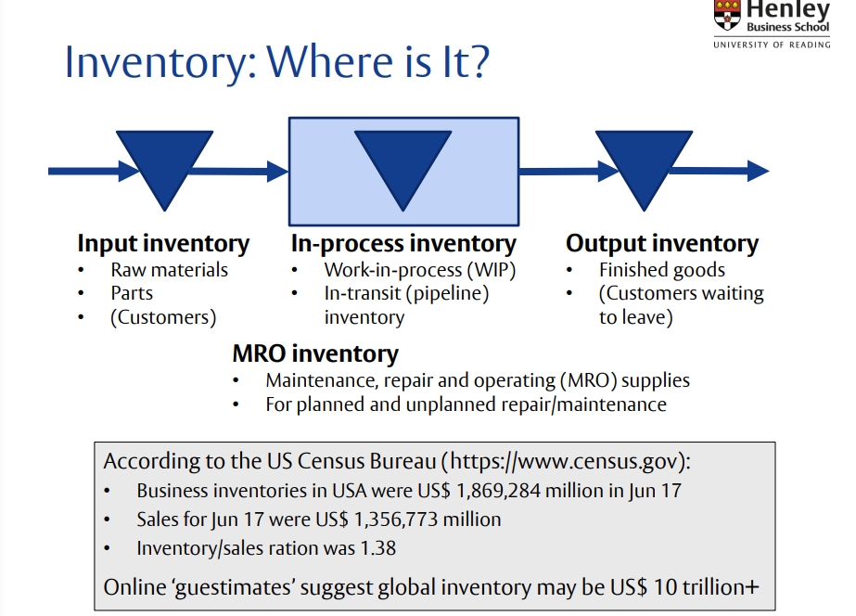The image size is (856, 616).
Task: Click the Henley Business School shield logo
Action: [726, 14]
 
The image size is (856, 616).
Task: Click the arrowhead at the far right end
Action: [758, 171]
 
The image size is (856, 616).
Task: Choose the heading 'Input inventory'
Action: [163, 244]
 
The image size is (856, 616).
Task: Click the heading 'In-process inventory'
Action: [403, 244]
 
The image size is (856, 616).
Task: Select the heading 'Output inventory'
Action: [662, 244]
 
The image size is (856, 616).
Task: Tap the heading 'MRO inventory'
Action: [315, 353]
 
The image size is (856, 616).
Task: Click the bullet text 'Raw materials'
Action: [169, 270]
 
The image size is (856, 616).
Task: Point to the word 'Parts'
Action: [132, 293]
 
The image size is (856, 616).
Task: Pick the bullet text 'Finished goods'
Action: [662, 270]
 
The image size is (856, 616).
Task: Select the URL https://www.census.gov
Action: [565, 461]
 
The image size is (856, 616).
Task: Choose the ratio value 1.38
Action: [374, 548]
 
